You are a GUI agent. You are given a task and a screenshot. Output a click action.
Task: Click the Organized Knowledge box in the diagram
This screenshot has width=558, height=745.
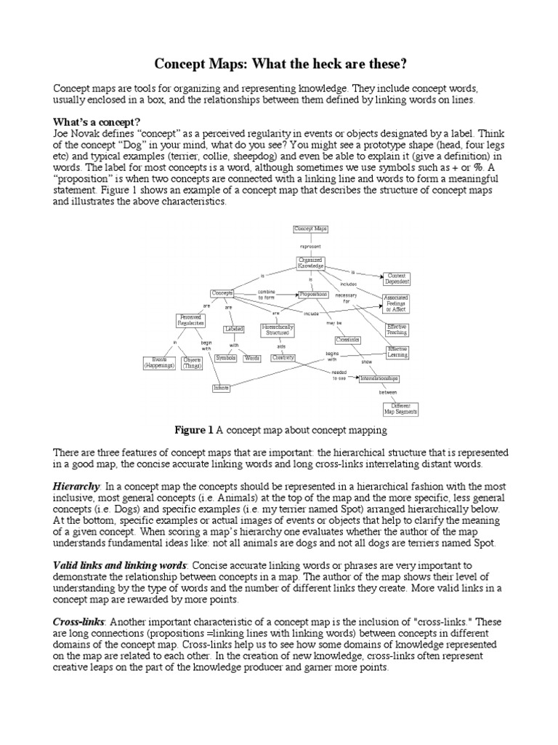(310, 263)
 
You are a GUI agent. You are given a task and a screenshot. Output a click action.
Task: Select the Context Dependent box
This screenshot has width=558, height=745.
(397, 279)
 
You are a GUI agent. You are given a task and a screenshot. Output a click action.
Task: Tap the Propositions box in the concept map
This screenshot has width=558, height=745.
(312, 295)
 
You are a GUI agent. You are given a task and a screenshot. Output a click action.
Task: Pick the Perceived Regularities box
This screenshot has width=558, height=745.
(190, 320)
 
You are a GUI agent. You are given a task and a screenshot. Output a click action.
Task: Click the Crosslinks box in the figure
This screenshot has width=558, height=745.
(348, 339)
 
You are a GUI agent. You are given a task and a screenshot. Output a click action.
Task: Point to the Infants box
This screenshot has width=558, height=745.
(222, 388)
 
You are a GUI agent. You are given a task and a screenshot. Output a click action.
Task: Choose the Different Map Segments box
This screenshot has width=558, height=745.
(400, 409)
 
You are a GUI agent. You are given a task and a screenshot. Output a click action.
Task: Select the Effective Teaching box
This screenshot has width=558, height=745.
(397, 330)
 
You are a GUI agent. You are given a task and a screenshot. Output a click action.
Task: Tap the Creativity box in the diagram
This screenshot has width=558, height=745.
(283, 358)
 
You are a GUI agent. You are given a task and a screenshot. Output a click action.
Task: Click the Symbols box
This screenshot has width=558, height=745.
(226, 358)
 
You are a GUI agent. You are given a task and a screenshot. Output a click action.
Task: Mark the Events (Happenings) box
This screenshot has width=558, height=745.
(159, 362)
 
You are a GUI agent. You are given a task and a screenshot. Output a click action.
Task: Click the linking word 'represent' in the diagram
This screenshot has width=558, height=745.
(310, 246)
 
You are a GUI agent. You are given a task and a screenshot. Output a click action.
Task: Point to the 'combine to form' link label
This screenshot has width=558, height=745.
(266, 294)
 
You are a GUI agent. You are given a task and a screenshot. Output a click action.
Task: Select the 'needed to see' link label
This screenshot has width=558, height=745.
(339, 375)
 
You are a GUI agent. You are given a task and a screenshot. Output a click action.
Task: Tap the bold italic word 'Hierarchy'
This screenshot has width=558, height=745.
(76, 485)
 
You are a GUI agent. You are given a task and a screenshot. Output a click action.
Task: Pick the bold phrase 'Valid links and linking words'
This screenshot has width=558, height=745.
(120, 565)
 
